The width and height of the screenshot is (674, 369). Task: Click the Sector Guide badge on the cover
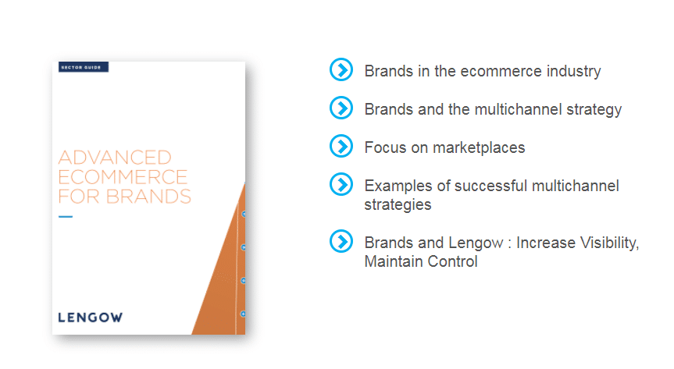[x=84, y=67]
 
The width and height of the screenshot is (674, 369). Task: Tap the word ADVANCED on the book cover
[x=115, y=158]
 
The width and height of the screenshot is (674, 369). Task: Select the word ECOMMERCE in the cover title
[x=123, y=177]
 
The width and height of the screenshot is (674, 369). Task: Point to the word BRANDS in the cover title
[x=148, y=197]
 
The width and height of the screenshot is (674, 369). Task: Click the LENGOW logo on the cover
[x=91, y=318]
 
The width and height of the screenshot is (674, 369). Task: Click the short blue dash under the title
[x=66, y=217]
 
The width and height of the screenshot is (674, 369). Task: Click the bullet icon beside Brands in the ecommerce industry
[x=341, y=69]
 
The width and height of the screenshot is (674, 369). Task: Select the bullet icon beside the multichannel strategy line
[x=341, y=108]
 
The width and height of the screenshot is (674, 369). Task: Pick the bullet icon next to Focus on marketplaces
[x=341, y=146]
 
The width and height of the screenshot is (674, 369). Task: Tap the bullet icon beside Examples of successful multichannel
[x=341, y=184]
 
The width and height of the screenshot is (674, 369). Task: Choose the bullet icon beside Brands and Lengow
[x=341, y=241]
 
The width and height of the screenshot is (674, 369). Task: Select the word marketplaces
[x=479, y=148]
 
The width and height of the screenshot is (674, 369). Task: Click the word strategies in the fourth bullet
[x=398, y=205]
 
